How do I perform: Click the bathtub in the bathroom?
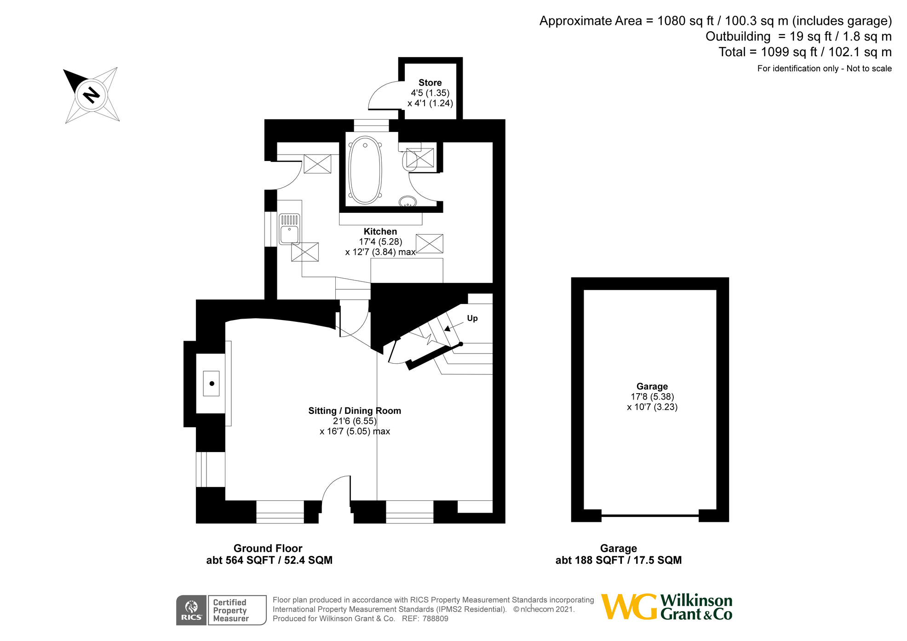tap(365, 170)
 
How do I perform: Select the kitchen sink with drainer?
tap(289, 229)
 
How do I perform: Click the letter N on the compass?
tap(92, 95)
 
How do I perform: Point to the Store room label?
tap(430, 83)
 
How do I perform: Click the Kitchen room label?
tap(380, 231)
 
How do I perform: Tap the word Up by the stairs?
tap(472, 318)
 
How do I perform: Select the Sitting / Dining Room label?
tap(355, 411)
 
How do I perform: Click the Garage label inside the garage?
tap(652, 386)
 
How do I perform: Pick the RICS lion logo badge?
tap(191, 610)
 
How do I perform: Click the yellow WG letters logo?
tap(629, 607)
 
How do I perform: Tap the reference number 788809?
tap(435, 618)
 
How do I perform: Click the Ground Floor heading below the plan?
tap(268, 548)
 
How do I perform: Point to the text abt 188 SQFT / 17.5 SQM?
tap(618, 560)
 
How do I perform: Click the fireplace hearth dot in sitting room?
tap(212, 383)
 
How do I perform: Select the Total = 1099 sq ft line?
tap(805, 52)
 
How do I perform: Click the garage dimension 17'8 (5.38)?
tap(652, 396)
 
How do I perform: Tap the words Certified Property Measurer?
tap(230, 610)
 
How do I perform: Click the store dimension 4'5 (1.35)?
tap(430, 93)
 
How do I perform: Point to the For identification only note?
tap(824, 69)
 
